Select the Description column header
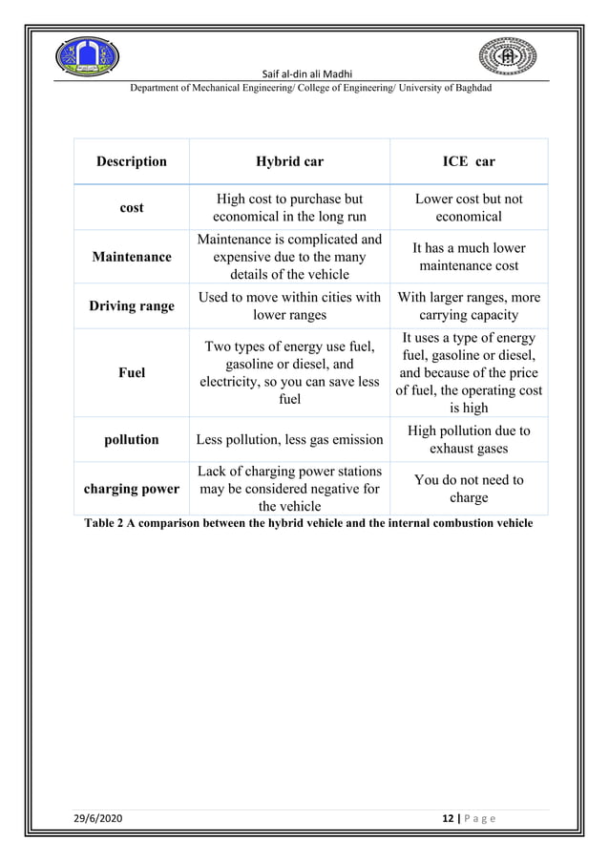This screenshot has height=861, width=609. pos(132,161)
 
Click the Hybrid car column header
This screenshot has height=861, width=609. pos(289,161)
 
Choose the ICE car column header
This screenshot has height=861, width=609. pos(468,161)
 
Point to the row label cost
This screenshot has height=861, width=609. pos(132,207)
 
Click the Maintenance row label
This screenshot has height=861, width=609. pos(132,257)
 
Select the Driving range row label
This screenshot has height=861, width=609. pos(132,306)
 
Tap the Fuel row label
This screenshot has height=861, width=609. pos(132,372)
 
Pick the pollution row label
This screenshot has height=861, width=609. pos(132,439)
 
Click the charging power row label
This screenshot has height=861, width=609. pos(132,489)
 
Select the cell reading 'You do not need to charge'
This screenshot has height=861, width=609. pos(468,489)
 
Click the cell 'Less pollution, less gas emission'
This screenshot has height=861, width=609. pos(289,440)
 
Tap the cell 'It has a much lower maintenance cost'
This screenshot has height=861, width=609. pos(468,257)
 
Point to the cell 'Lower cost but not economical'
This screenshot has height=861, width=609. pos(468,207)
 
